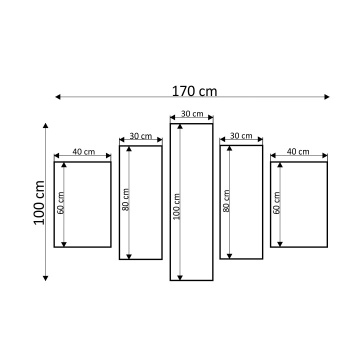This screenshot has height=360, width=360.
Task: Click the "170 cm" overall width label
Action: pos(194,91)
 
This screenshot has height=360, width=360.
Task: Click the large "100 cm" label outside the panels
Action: pos(39,202)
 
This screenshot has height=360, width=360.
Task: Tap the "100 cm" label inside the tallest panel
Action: pos(176,206)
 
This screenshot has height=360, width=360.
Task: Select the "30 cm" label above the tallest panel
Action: pos(192,113)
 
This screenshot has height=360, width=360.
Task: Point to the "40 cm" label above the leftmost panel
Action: pos(83,152)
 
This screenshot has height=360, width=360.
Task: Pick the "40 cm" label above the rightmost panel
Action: pos(298,151)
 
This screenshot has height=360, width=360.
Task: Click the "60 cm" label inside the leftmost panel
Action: pos(60,203)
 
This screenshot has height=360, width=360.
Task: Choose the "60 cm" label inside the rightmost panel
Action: pos(276,203)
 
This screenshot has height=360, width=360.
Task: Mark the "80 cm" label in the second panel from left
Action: pos(125,199)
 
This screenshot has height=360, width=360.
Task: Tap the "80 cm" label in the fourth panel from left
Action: pos(226,201)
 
